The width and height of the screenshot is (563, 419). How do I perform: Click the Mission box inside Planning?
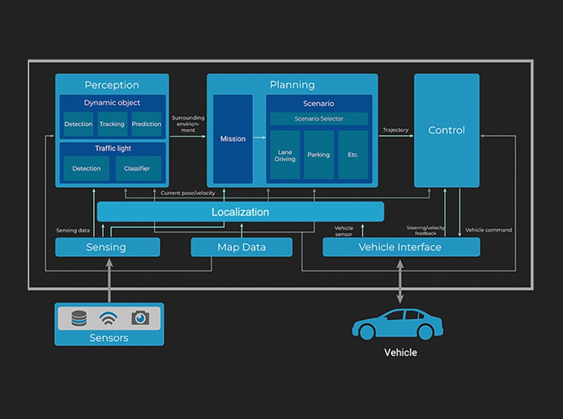233,139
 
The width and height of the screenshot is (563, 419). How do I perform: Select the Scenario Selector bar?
318,119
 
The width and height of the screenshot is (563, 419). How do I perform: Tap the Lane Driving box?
285,155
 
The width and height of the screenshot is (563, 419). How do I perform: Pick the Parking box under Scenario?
319,155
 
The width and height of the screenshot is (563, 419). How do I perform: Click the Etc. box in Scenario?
353,155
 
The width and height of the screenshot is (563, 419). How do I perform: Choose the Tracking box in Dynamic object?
112,124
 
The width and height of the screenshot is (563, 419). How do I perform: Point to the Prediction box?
146,124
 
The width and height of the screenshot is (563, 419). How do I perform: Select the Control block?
447,130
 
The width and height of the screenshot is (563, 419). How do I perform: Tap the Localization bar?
240,212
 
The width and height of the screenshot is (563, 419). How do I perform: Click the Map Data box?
241,247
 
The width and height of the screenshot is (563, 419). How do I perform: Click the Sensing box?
107,247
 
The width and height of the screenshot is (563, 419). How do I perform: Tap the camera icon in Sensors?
140,318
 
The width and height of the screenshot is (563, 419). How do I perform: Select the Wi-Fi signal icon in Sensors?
110,318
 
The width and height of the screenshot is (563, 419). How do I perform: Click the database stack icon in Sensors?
79,318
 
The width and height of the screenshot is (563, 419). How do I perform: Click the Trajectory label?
396,130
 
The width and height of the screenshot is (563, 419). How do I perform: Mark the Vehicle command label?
489,230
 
